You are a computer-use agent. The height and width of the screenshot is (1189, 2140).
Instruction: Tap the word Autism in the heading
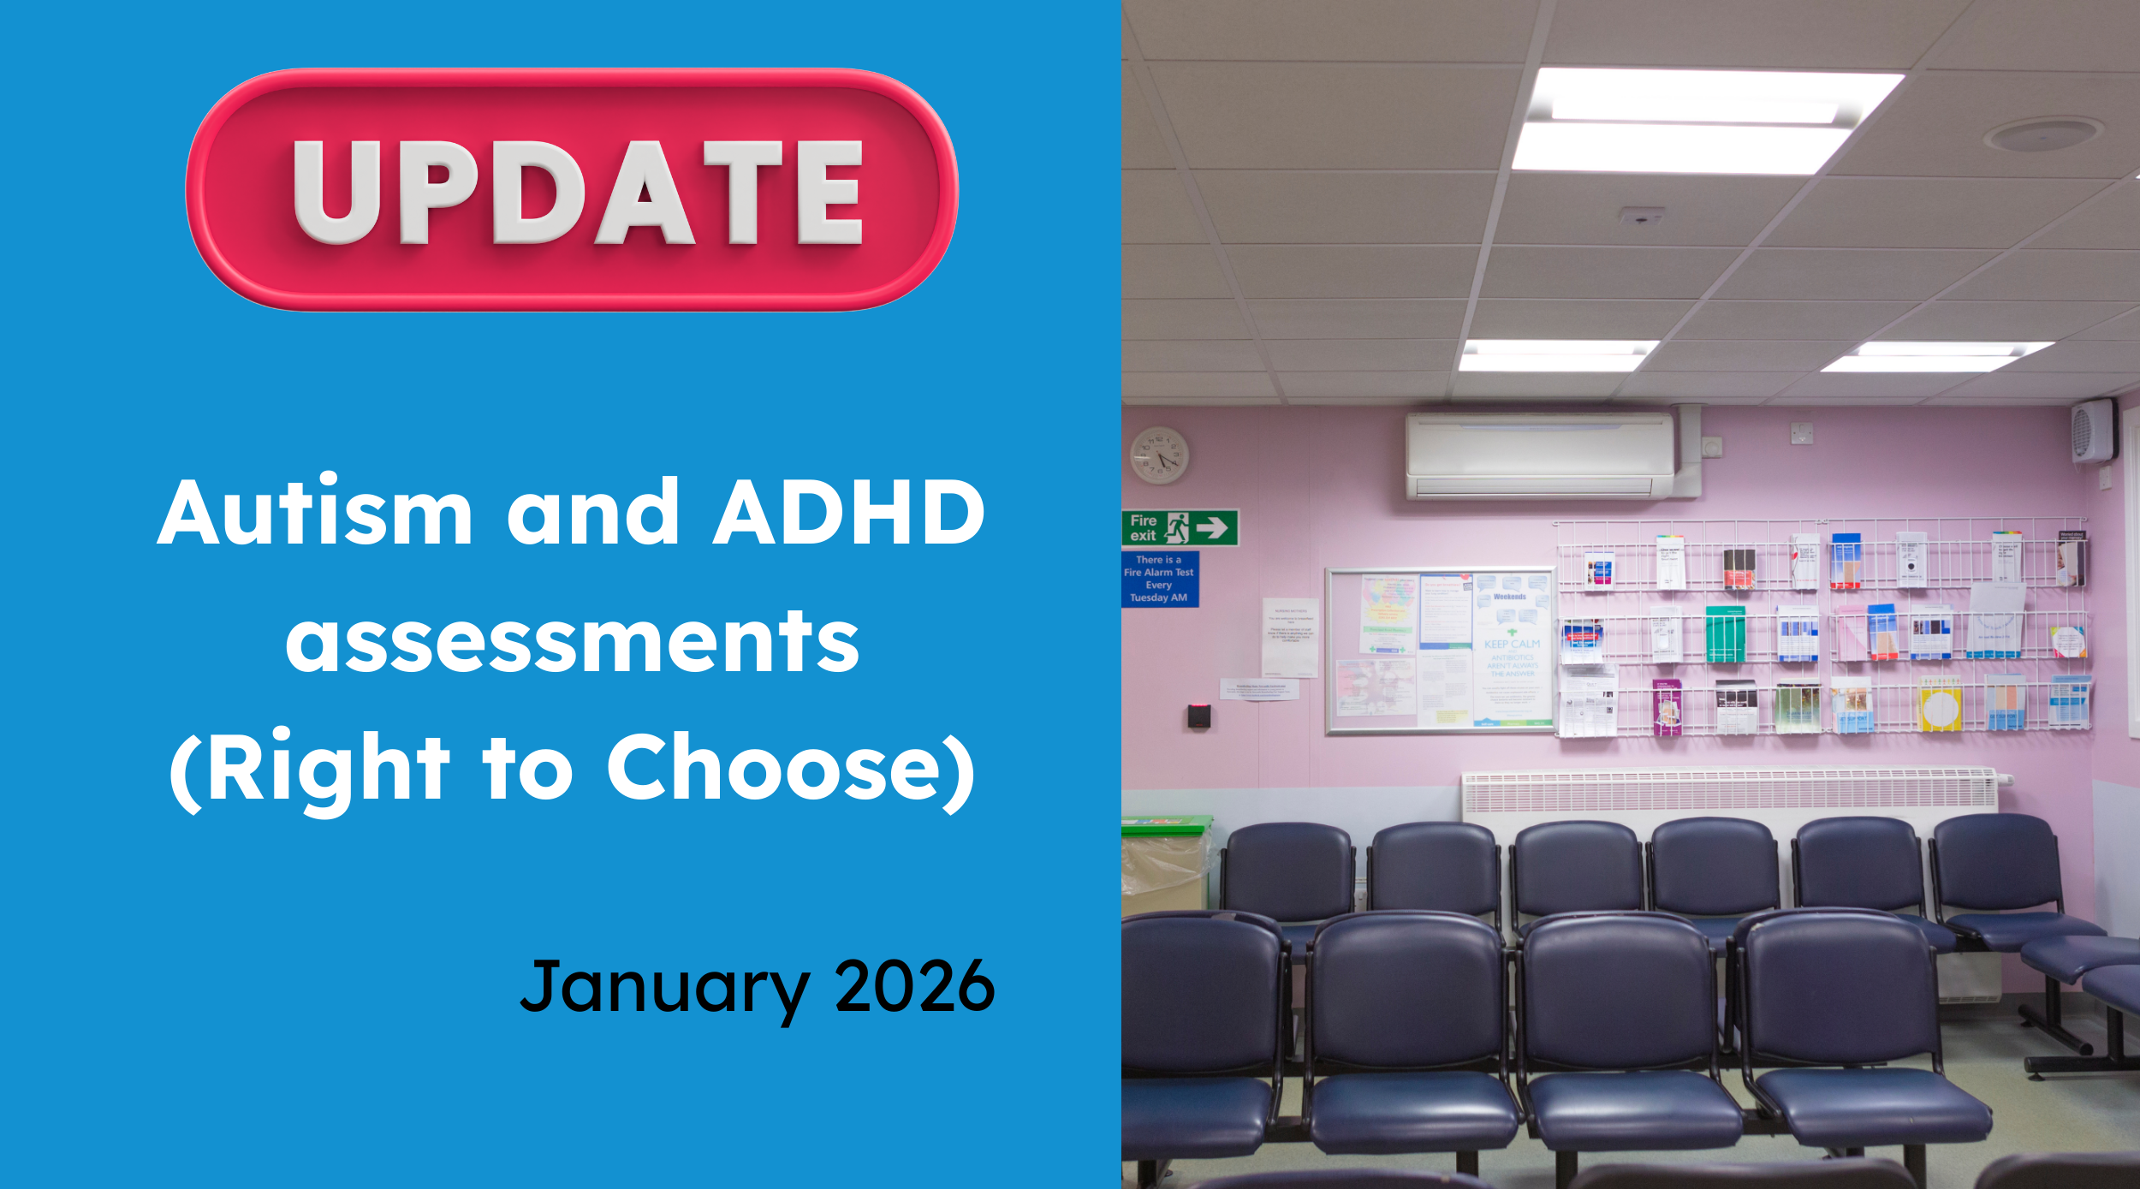pyautogui.click(x=314, y=512)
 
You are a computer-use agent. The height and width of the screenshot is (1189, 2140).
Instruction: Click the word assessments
pyautogui.click(x=572, y=642)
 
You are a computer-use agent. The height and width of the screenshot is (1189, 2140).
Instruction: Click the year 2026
pyautogui.click(x=914, y=986)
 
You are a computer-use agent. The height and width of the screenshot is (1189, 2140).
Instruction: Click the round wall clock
pyautogui.click(x=1159, y=455)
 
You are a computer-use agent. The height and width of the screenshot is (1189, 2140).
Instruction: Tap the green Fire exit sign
pyautogui.click(x=1180, y=527)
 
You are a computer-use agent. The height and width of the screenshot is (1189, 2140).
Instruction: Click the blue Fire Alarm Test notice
pyautogui.click(x=1159, y=579)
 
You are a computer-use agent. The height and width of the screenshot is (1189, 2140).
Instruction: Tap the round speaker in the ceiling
pyautogui.click(x=2042, y=134)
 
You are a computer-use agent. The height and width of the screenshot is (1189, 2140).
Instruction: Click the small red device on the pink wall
pyautogui.click(x=1198, y=716)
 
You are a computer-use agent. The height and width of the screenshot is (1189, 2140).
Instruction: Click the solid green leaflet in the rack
pyautogui.click(x=1725, y=634)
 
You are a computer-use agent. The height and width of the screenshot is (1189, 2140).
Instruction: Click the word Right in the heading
pyautogui.click(x=328, y=768)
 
